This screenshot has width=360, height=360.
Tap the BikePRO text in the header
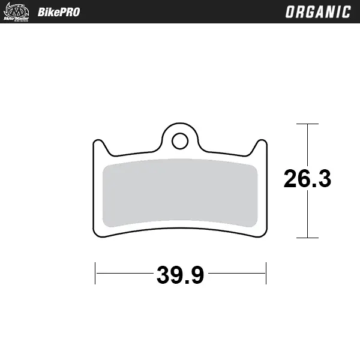[x=58, y=12]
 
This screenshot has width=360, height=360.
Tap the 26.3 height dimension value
[x=307, y=179]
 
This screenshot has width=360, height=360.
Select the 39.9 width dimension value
[x=181, y=275]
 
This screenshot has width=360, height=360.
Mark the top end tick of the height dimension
[x=307, y=124]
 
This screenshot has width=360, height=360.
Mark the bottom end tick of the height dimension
[x=307, y=238]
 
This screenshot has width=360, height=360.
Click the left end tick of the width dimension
[x=95, y=274]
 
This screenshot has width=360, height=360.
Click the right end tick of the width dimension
[x=265, y=274]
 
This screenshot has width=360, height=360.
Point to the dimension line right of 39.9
[x=236, y=274]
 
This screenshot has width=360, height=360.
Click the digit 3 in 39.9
[x=164, y=275]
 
